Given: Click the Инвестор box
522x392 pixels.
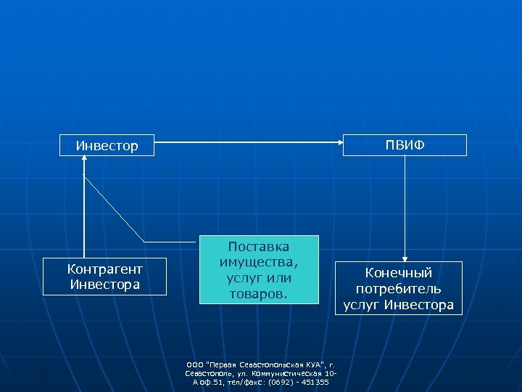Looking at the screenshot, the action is [107, 146].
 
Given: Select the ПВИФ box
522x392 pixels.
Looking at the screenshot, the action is [405, 145].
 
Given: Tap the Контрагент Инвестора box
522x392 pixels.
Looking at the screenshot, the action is [105, 277].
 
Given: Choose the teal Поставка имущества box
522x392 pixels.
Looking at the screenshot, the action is [259, 269].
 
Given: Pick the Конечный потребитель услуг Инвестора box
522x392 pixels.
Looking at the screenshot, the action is [399, 288].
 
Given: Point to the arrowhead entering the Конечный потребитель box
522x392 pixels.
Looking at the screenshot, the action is [405, 257].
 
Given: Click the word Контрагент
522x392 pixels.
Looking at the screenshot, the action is [105, 269].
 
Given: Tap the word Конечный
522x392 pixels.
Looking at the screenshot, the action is [399, 273].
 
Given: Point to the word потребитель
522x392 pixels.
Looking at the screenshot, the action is [399, 289].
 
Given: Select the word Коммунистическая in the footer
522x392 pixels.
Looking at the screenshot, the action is [288, 373].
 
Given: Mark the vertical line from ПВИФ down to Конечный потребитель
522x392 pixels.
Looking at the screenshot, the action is [405, 203].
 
